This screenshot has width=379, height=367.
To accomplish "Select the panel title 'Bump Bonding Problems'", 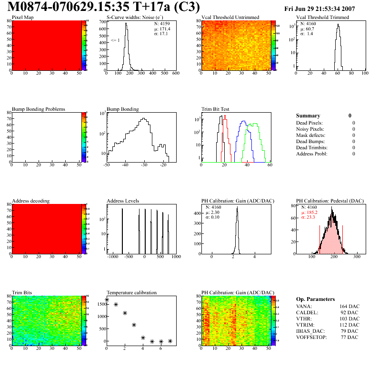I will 39,109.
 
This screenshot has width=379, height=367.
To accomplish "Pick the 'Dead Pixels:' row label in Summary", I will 310,123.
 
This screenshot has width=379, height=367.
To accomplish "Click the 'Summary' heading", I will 308,116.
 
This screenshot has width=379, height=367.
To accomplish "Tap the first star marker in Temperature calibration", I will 107,299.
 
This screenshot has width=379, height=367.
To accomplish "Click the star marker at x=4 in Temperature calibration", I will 143,338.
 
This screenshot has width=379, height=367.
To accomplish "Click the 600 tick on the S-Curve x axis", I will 175,74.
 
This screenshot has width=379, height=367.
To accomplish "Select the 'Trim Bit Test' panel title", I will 216,109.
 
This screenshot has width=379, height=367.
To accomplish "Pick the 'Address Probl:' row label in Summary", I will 312,154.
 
